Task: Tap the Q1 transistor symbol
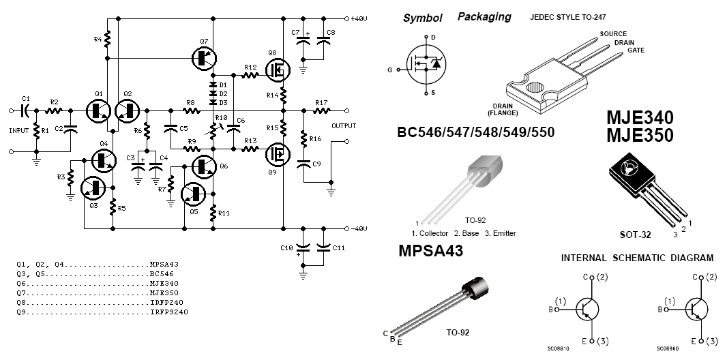(x=98, y=110)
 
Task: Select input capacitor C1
(x=26, y=109)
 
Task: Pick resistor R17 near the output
(x=321, y=110)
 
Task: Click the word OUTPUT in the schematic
(x=344, y=125)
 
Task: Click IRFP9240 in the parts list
(x=169, y=312)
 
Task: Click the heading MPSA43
(x=430, y=252)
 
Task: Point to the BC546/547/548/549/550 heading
(x=475, y=132)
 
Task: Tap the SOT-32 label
(x=635, y=235)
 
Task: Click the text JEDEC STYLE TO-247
(x=567, y=17)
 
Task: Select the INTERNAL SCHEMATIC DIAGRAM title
(x=637, y=258)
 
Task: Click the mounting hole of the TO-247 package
(x=535, y=88)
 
